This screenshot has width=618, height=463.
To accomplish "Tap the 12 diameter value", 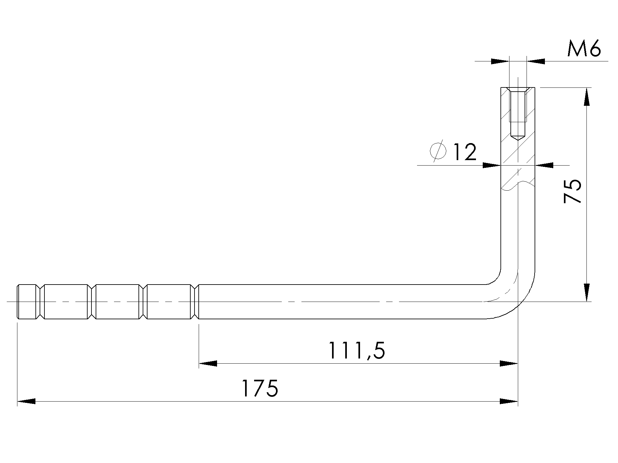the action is click(x=464, y=152).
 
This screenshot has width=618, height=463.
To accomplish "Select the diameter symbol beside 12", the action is click(x=438, y=150).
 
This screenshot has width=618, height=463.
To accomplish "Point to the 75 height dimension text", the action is click(x=572, y=191).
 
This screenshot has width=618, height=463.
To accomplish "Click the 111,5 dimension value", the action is click(x=357, y=350).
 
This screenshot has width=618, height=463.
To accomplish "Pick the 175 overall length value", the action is click(x=260, y=388).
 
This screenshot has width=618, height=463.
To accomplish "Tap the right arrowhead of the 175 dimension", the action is click(x=509, y=401).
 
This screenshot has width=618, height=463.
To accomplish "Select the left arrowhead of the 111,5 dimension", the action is click(x=208, y=364).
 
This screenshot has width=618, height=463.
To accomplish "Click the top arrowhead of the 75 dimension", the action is click(x=587, y=96).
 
